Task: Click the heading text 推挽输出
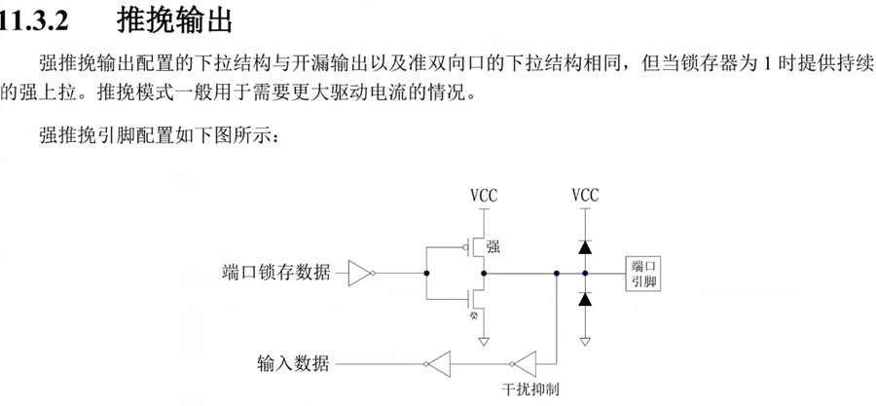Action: pos(174,18)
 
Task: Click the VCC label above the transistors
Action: pos(484,196)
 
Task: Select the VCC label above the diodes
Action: pos(585,196)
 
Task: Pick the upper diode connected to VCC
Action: pos(585,248)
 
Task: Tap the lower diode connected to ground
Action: pos(585,300)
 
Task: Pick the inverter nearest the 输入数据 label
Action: pos(438,364)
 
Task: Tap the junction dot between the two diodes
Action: pos(585,274)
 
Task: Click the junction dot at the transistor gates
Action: pos(426,274)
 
